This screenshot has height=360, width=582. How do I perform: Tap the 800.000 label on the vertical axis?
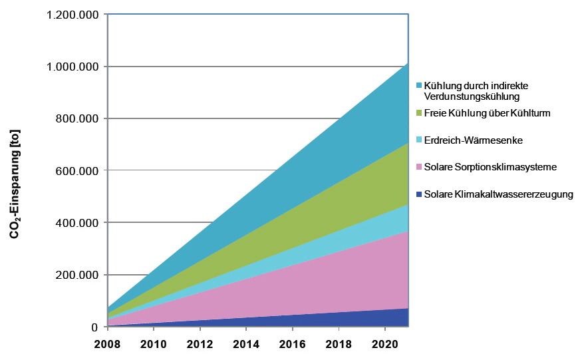(79, 118)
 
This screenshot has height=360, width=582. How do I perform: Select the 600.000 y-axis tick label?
(79, 171)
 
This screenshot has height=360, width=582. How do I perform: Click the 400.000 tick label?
(79, 223)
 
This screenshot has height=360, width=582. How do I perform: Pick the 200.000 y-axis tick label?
(79, 275)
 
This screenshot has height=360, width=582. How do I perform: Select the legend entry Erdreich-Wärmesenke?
(473, 140)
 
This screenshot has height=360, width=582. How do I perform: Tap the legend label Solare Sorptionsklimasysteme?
(490, 167)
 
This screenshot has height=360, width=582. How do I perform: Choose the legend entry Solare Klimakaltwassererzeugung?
(498, 194)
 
